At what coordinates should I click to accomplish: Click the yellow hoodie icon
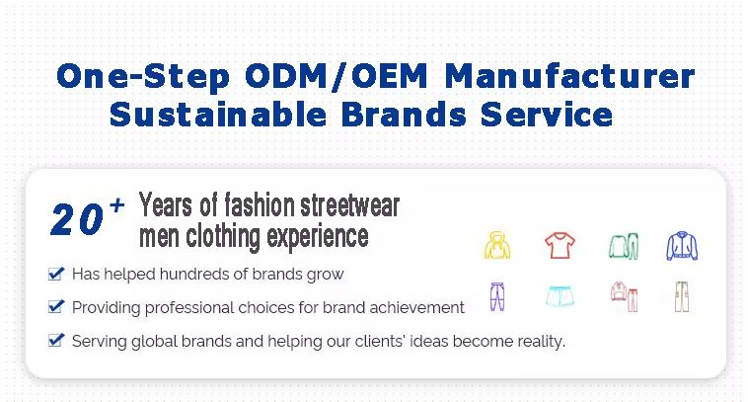click(497, 245)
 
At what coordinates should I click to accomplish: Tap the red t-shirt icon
click(561, 245)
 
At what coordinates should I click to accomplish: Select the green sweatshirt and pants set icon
click(624, 246)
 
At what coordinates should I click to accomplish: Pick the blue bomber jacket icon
click(682, 246)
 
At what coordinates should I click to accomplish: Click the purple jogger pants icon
click(497, 296)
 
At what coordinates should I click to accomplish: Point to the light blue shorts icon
click(560, 296)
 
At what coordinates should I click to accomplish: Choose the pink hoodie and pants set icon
click(624, 296)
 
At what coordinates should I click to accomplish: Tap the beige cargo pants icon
click(682, 296)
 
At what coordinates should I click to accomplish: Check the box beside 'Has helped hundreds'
click(56, 274)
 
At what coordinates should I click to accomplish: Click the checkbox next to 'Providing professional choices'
click(56, 306)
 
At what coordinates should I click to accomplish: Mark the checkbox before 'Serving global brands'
click(56, 340)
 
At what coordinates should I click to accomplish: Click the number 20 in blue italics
click(77, 219)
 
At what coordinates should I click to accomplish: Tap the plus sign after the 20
click(116, 205)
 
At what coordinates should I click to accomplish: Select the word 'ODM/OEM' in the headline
click(337, 76)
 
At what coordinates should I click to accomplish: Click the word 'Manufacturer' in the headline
click(569, 76)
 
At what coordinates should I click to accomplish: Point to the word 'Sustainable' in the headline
click(218, 115)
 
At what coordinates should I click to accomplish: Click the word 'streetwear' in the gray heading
click(349, 205)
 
